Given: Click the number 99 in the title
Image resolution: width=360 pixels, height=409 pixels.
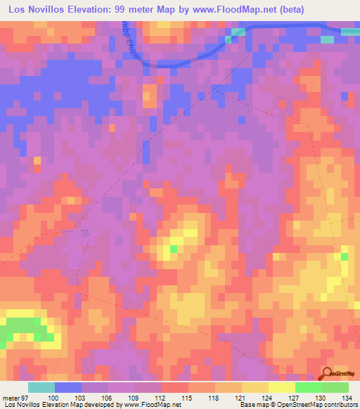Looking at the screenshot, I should pos(122,11).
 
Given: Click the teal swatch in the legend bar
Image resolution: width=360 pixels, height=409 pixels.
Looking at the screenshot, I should pos(41,387).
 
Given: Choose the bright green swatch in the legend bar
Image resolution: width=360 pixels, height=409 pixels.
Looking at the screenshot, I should pos(309,387).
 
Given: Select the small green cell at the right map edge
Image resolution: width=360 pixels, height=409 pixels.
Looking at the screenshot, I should pos(345,256).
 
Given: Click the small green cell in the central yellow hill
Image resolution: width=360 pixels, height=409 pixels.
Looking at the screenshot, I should pos(173,248).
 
